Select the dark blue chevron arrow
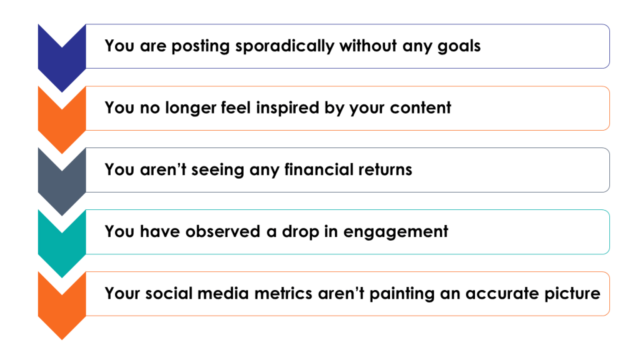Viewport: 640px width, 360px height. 61,53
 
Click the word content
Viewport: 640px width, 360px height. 420,107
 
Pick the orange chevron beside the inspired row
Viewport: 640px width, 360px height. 61,116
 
